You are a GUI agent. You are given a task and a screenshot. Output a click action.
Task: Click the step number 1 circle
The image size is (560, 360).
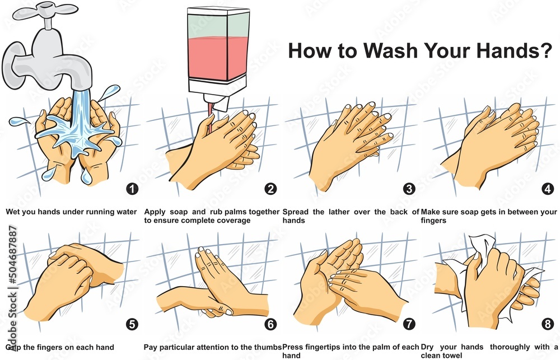point(132,189)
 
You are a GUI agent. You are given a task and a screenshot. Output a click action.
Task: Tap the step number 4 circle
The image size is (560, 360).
point(548,189)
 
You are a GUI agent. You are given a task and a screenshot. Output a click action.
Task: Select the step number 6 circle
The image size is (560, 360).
point(271,324)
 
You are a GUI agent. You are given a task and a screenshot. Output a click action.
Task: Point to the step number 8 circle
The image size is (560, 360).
point(548,324)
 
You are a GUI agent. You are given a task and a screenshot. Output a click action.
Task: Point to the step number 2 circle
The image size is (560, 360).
point(271,189)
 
